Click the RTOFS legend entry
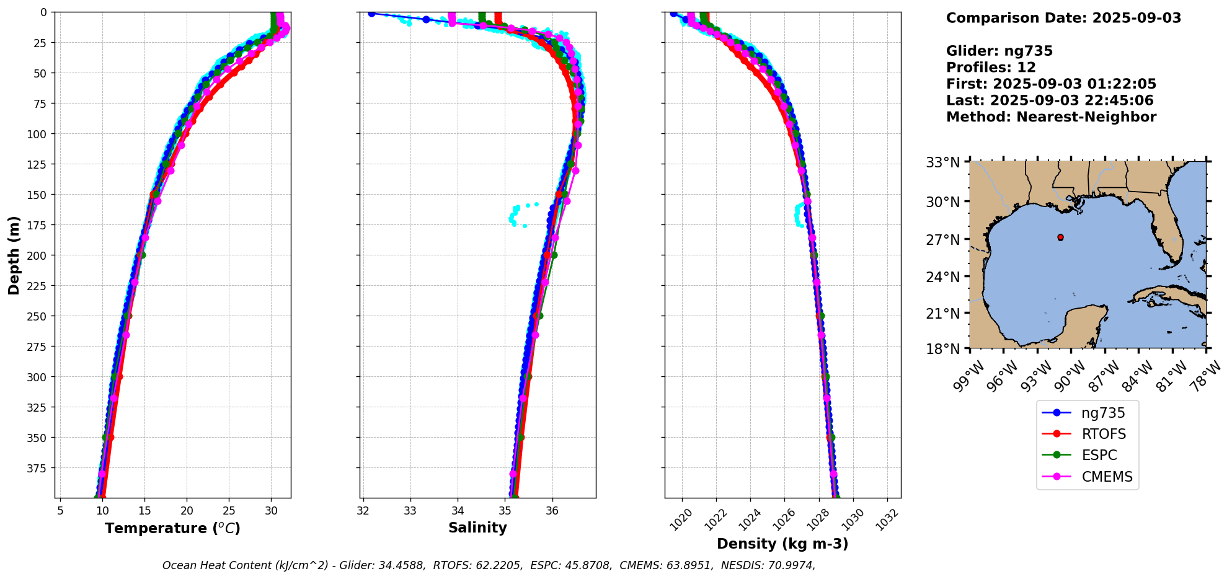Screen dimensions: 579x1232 (1103, 434)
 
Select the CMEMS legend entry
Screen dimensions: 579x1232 (1107, 477)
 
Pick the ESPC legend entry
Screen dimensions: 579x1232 (1099, 455)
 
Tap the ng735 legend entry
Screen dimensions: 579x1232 (1103, 413)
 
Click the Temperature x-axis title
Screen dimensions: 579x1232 (172, 528)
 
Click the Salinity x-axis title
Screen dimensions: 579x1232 (477, 528)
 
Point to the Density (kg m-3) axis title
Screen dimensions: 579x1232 (782, 544)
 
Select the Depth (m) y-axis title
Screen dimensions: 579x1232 (14, 255)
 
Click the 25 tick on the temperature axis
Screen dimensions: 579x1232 (229, 511)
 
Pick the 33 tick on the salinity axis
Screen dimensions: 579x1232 (410, 511)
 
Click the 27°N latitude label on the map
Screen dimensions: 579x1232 (942, 240)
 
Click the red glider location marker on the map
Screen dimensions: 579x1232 (1060, 237)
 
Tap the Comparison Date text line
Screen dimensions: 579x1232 (1063, 18)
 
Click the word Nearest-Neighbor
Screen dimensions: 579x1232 (1086, 117)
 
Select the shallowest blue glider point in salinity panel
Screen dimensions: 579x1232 (371, 14)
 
